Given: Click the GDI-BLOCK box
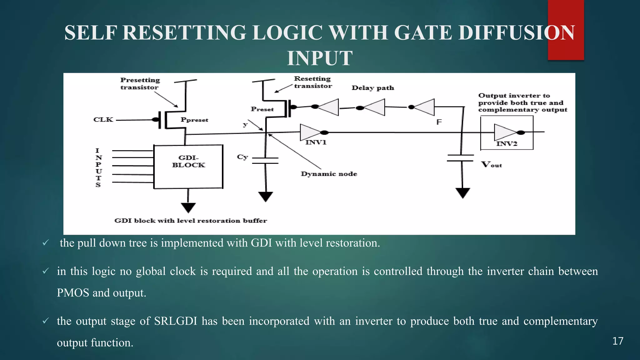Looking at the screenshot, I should click(188, 167).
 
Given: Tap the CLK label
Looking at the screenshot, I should click(103, 120).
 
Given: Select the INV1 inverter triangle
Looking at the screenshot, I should click(309, 132).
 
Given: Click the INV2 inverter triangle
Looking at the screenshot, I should click(504, 132).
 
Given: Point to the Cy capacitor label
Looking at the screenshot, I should click(242, 157).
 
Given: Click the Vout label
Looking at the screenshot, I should click(492, 165).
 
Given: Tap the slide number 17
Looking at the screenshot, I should click(618, 341).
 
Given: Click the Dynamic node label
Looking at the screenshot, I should click(329, 174).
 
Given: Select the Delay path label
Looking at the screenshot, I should click(373, 88).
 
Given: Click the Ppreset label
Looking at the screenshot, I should click(194, 120).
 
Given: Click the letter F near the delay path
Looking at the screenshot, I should click(439, 122).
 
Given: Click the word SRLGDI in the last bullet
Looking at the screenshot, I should click(175, 321).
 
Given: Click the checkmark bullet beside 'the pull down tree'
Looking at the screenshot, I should click(46, 243).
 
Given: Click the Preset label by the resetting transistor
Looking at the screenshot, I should click(262, 109).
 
